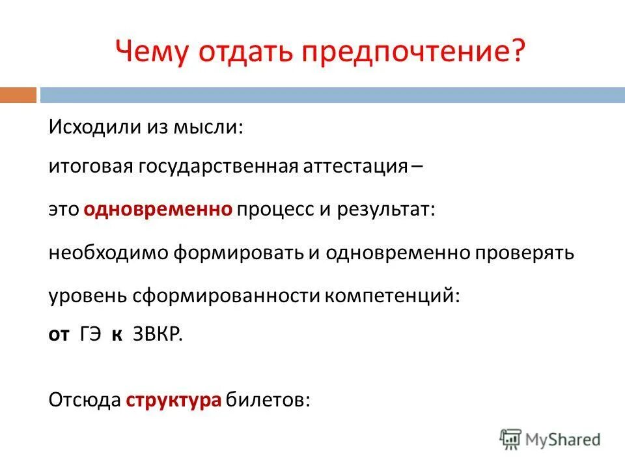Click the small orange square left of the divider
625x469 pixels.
pyautogui.click(x=18, y=95)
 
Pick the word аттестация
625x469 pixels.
pyautogui.click(x=355, y=167)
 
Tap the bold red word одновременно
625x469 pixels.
pyautogui.click(x=158, y=209)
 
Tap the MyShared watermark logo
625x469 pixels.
pyautogui.click(x=550, y=439)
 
